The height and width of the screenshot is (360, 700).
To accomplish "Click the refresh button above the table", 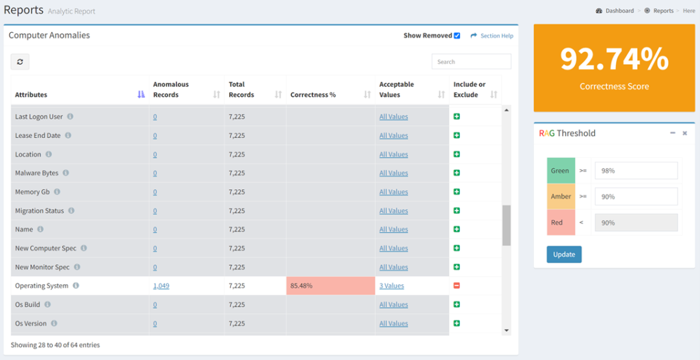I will (x=20, y=62).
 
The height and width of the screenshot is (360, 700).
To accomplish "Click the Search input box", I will (x=471, y=61).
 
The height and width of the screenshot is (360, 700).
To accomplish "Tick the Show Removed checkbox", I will (x=457, y=36).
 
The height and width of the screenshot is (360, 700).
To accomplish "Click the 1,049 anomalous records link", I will (x=161, y=286).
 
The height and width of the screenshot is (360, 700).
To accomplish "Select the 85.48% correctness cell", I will (x=330, y=286).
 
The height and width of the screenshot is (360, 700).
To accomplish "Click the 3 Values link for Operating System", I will (x=392, y=286).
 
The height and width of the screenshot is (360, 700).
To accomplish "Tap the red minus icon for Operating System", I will (x=457, y=286).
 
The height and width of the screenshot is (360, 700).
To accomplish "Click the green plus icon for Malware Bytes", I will (x=457, y=173).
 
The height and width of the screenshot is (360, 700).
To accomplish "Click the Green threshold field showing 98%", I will (x=636, y=171).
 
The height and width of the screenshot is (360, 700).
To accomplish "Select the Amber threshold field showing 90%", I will (x=636, y=197).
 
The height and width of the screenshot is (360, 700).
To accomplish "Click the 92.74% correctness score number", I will (x=614, y=59).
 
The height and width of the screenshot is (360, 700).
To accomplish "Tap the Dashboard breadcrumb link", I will (x=619, y=11).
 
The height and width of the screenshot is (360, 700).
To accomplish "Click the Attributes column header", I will (x=31, y=95).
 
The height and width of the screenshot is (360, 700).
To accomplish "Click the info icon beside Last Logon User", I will (x=70, y=117).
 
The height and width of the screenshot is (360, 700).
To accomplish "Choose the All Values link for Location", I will (x=394, y=154).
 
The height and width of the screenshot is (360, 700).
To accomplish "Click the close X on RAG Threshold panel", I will (x=684, y=133).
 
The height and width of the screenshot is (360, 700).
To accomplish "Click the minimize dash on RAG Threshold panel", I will (x=673, y=133).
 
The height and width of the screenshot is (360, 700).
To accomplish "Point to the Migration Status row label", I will (x=40, y=211).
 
